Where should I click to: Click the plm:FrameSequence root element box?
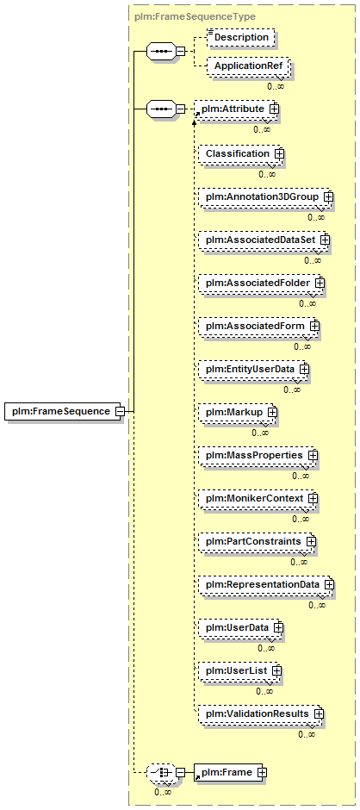64,411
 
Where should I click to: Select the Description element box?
240,37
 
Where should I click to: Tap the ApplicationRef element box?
247,66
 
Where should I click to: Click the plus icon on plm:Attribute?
274,109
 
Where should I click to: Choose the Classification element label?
238,154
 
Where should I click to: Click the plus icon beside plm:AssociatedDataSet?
325,240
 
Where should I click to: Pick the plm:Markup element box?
238,412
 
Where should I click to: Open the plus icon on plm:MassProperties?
313,456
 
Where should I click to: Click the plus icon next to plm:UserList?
276,670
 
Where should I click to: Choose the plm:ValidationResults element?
261,713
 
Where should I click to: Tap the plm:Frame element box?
228,772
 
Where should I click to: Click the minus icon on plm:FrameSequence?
120,412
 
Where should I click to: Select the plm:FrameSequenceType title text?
194,16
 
